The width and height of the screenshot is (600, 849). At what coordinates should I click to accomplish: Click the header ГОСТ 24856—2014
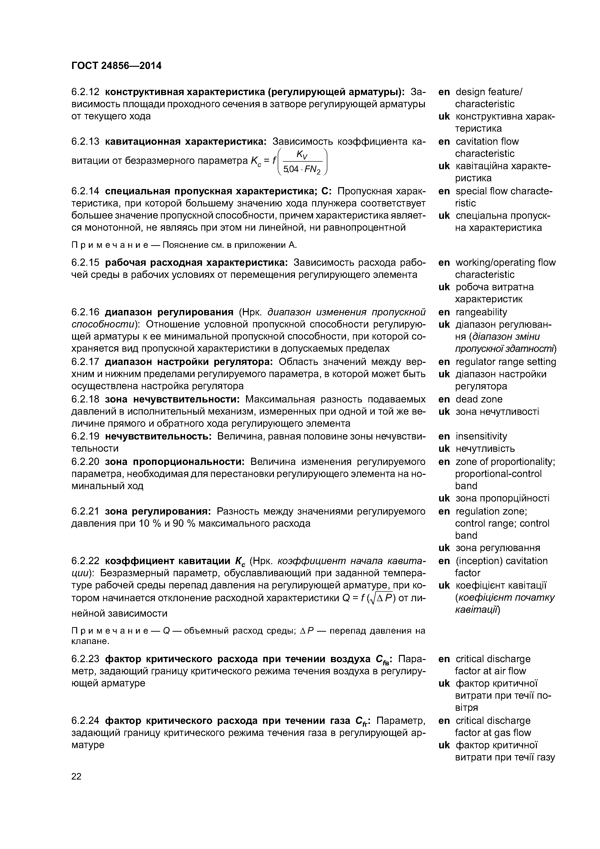coord(116,66)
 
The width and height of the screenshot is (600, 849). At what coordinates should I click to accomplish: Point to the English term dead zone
coord(479,399)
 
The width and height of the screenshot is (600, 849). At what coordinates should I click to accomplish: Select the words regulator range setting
coord(505,362)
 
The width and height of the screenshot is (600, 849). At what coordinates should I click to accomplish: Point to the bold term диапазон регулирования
coord(169,312)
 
